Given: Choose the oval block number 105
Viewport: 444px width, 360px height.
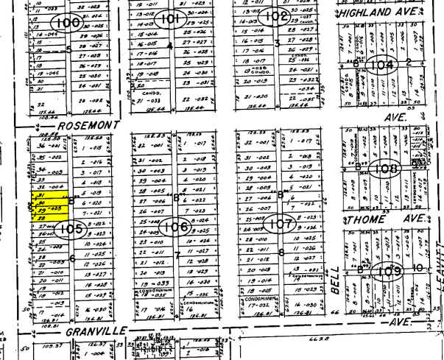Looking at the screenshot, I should coord(68,229).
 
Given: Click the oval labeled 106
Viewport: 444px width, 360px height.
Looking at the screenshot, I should coord(175,226).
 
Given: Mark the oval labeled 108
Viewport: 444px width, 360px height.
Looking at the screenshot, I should coord(386,168).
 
